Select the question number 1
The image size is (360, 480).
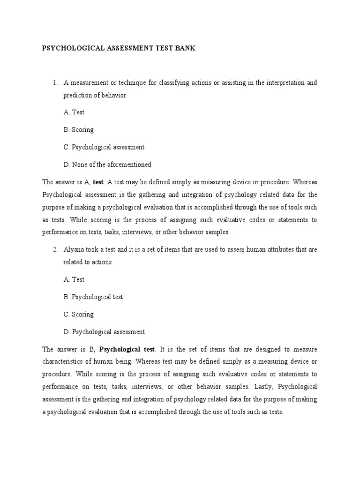(x=55, y=83)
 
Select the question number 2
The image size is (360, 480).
(x=55, y=250)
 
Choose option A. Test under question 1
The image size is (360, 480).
(x=74, y=112)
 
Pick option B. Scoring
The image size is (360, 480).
(x=79, y=130)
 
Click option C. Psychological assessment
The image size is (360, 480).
(x=104, y=147)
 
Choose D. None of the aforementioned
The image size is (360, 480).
(x=107, y=165)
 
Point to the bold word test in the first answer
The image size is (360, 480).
(x=98, y=182)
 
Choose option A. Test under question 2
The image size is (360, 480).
(x=74, y=279)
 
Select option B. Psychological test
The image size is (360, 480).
(x=93, y=297)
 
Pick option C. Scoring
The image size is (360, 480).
(x=79, y=315)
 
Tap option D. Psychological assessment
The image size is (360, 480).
(x=104, y=332)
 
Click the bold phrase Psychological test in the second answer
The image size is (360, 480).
(x=127, y=349)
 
